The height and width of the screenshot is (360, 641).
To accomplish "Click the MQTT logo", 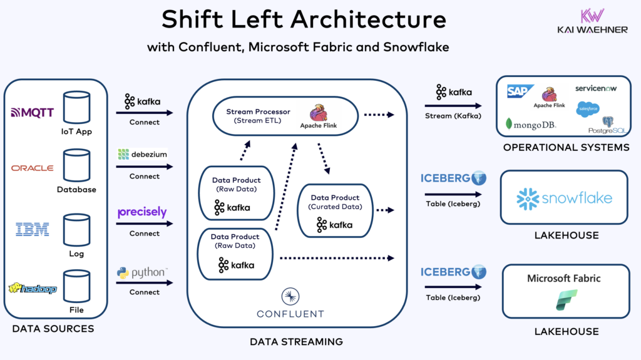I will (33, 113).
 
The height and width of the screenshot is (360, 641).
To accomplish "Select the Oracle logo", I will (33, 168).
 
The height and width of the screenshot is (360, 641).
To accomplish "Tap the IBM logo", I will (33, 230).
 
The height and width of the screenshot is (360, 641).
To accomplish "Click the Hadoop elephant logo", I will (33, 289).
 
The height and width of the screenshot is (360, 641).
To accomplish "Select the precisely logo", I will (142, 212).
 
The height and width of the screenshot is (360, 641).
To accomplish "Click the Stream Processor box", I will (285, 115).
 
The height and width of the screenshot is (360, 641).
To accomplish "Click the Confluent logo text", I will (290, 313).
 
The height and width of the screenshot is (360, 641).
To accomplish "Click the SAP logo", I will (520, 92).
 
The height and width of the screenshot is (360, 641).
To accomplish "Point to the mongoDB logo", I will (530, 124).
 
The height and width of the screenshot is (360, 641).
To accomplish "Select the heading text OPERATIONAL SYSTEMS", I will (566, 148).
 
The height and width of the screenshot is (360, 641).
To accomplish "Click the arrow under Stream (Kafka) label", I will (454, 106).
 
